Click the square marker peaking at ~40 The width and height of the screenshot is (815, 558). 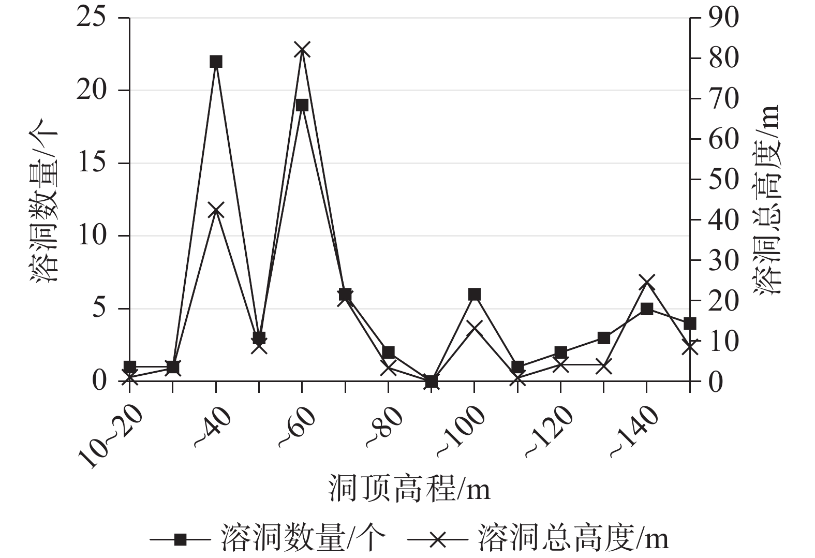(216, 62)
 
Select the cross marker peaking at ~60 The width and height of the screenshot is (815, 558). (302, 50)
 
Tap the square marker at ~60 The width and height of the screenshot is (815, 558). (302, 105)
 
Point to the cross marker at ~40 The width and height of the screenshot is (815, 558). (216, 211)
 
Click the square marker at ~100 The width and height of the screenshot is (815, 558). (475, 295)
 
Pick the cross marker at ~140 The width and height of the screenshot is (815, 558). (647, 283)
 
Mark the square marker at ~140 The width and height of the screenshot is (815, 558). (647, 309)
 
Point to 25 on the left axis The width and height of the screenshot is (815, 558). (92, 19)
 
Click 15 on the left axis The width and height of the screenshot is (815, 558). (92, 164)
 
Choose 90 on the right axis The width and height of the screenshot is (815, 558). (723, 19)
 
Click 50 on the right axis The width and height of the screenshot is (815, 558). (723, 180)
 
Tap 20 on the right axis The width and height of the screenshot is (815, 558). (723, 301)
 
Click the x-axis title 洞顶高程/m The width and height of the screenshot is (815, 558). (409, 489)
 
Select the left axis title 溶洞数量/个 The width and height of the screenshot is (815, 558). (45, 199)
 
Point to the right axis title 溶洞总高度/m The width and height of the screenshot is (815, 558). (768, 199)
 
